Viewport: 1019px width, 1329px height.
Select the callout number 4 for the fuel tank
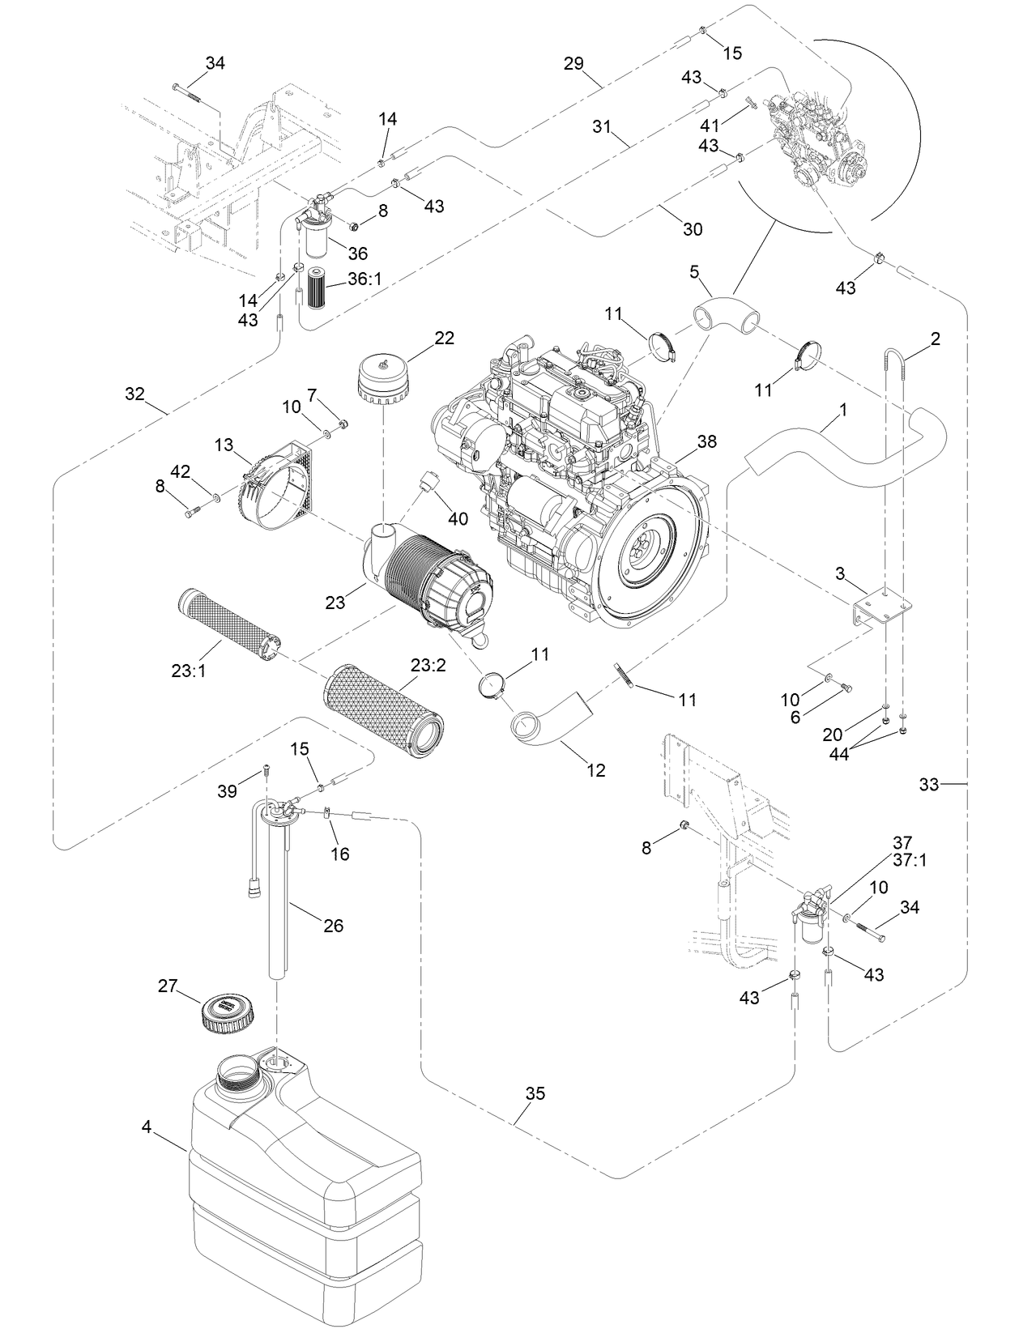coord(146,1127)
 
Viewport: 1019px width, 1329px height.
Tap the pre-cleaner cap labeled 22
coord(383,377)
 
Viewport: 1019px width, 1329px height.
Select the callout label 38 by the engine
coord(706,441)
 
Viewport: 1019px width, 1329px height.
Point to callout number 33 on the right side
coord(928,784)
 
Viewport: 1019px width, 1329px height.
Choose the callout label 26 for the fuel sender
coord(333,925)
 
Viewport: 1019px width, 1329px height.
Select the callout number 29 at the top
coord(573,63)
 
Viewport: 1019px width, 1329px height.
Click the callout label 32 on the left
coord(134,394)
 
